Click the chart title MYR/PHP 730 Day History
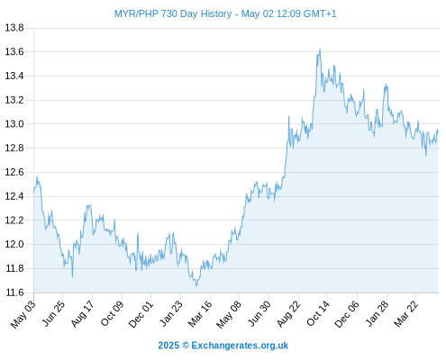click(173, 13)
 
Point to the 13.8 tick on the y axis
click(14, 28)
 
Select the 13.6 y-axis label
click(14, 52)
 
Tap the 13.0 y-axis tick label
click(14, 124)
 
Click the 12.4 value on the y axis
click(14, 196)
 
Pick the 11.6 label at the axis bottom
click(14, 292)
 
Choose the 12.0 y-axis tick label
click(14, 244)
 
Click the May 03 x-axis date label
click(23, 314)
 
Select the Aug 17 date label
click(82, 313)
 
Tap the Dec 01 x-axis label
click(141, 314)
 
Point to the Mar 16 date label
click(199, 314)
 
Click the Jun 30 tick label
click(259, 313)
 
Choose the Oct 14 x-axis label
click(318, 313)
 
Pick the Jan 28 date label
click(377, 313)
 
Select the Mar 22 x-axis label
click(405, 314)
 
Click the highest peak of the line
click(320, 49)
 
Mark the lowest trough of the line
click(196, 286)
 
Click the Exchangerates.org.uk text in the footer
click(240, 346)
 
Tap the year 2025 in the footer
click(168, 346)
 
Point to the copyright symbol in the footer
click(186, 346)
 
